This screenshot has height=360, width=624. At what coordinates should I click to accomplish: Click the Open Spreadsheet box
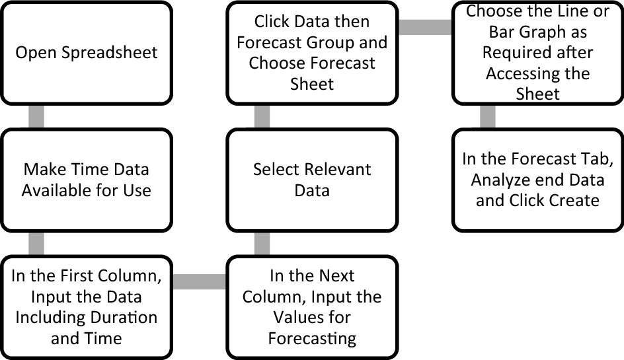coord(86,53)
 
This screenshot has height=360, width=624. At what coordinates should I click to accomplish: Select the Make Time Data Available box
coord(86,180)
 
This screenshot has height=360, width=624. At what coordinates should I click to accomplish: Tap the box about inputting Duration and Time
coord(86,307)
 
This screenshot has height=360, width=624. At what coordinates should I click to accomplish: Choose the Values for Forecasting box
coord(312,307)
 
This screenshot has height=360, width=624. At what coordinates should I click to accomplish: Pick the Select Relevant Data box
coord(312,180)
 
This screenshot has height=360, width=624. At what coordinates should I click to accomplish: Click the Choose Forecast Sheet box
coord(312,53)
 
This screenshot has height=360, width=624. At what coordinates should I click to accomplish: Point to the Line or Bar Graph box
coord(537,53)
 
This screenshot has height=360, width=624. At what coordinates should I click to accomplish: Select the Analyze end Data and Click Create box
coord(537,180)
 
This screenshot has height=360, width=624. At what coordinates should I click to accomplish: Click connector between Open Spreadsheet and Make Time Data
coord(37,117)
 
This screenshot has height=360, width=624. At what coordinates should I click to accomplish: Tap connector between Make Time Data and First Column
coord(37,244)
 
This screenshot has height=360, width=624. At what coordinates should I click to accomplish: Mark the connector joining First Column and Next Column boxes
coord(199,282)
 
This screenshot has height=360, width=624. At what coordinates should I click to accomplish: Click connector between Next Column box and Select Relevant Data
coord(262,244)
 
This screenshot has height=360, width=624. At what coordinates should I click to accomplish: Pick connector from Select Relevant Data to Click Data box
coord(262,117)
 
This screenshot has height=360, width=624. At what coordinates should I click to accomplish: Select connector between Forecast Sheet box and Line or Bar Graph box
coord(425,27)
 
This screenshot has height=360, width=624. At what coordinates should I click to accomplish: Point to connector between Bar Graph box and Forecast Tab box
coord(487,117)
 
